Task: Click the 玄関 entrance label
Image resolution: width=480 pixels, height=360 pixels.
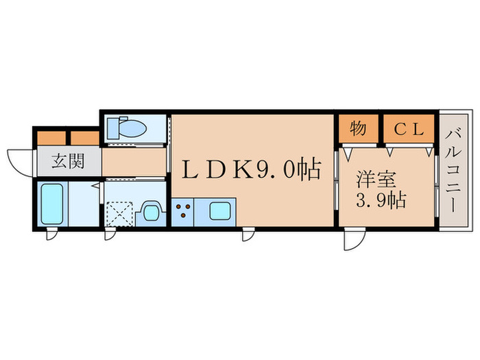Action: point(67,163)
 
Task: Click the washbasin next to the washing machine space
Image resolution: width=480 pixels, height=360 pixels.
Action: point(150,211)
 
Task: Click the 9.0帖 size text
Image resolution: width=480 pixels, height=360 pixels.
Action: point(289,169)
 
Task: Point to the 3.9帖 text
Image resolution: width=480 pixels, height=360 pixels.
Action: point(381,201)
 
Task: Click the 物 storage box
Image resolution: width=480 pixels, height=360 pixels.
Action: point(357,128)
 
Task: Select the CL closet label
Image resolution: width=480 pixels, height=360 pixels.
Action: point(408,128)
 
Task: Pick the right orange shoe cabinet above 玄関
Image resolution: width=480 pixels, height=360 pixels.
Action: point(85,137)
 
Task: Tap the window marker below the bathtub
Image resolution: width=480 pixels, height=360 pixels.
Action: point(51,235)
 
